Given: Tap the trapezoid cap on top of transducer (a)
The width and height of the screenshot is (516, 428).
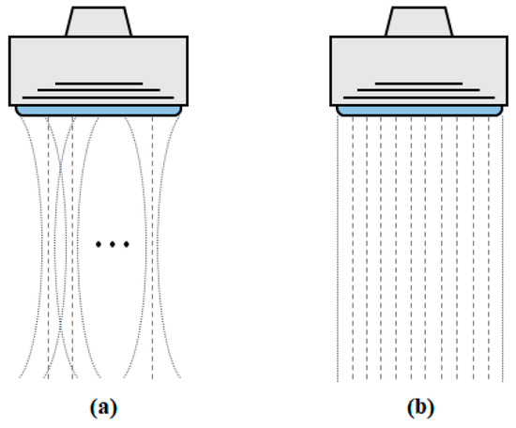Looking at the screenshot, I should click(x=99, y=21).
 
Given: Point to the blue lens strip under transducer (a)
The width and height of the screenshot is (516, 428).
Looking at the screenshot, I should click(x=99, y=111).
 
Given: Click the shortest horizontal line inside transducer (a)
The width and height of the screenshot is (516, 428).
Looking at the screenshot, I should click(x=99, y=84).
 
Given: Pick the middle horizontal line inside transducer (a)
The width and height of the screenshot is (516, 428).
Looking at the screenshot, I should click(x=99, y=91).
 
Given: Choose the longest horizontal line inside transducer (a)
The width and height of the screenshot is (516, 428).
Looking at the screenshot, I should click(x=99, y=98).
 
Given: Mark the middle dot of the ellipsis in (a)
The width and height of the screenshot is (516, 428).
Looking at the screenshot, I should click(x=113, y=245).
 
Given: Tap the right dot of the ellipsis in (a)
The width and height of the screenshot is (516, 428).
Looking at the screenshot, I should click(x=125, y=245).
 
